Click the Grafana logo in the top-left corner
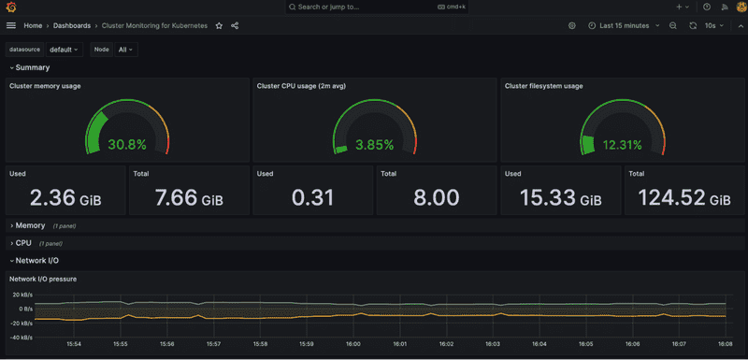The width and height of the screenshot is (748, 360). point(11,7)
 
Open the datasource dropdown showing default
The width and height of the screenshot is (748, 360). point(64,49)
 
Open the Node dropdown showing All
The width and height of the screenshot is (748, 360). point(126,49)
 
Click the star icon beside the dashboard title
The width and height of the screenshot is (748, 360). point(219,26)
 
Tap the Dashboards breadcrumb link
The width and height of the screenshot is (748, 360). point(71,26)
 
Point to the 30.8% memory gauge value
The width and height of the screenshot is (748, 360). point(127,145)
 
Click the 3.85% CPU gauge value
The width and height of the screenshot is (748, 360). point(374,145)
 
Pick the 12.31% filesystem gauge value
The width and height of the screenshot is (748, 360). point(622,145)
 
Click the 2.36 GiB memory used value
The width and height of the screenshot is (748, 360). point(65,198)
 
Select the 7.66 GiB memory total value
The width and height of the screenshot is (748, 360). point(188,198)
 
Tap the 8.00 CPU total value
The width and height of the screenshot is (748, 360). point(436,198)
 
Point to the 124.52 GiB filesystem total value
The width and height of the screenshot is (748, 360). point(683,198)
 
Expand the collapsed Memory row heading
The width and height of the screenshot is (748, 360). point(30,225)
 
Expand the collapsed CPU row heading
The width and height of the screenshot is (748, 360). point(23,243)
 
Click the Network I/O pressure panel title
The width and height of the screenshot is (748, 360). point(43,279)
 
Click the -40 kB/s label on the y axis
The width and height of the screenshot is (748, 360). point(21,337)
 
